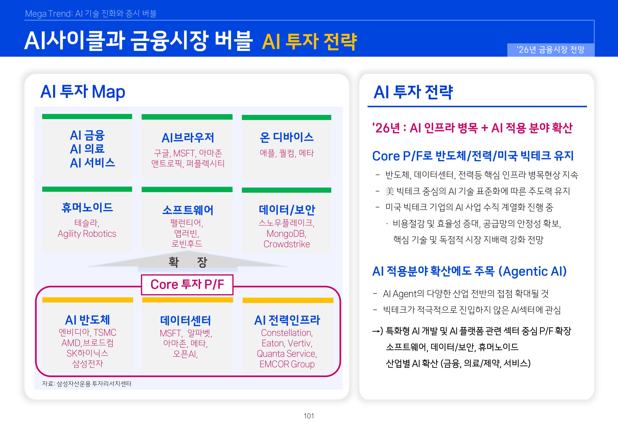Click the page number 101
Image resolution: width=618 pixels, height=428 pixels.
pyautogui.click(x=309, y=416)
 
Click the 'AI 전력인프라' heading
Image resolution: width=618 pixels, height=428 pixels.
pyautogui.click(x=287, y=320)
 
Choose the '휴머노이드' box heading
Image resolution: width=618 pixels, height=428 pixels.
pyautogui.click(x=87, y=207)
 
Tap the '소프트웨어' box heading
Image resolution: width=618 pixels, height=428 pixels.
pyautogui.click(x=188, y=210)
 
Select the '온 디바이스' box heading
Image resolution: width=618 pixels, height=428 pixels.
pyautogui.click(x=287, y=137)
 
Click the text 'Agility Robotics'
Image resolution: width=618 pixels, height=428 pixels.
pyautogui.click(x=87, y=234)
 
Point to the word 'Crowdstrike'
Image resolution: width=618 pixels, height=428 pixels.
pyautogui.click(x=287, y=244)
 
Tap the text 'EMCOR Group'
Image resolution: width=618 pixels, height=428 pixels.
pyautogui.click(x=287, y=364)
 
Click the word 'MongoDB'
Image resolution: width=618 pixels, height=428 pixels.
pyautogui.click(x=286, y=234)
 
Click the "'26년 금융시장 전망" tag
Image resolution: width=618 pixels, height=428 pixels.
pyautogui.click(x=550, y=50)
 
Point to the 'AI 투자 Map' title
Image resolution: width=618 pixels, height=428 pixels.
pyautogui.click(x=83, y=92)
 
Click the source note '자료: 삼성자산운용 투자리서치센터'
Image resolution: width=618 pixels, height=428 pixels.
pyautogui.click(x=87, y=384)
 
